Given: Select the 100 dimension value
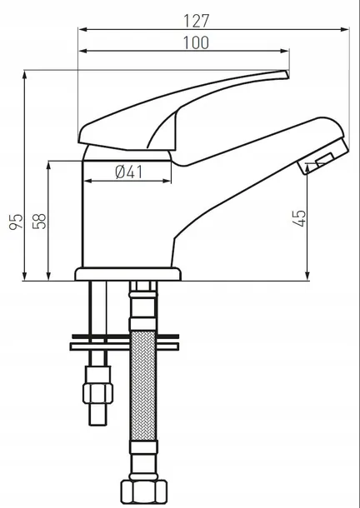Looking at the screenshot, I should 195,42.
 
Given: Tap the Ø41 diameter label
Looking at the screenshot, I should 129,172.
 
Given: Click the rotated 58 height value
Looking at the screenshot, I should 39,221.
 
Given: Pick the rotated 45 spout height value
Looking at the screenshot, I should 301,218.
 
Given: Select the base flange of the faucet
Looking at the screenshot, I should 127,273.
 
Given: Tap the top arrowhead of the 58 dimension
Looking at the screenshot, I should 50,164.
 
